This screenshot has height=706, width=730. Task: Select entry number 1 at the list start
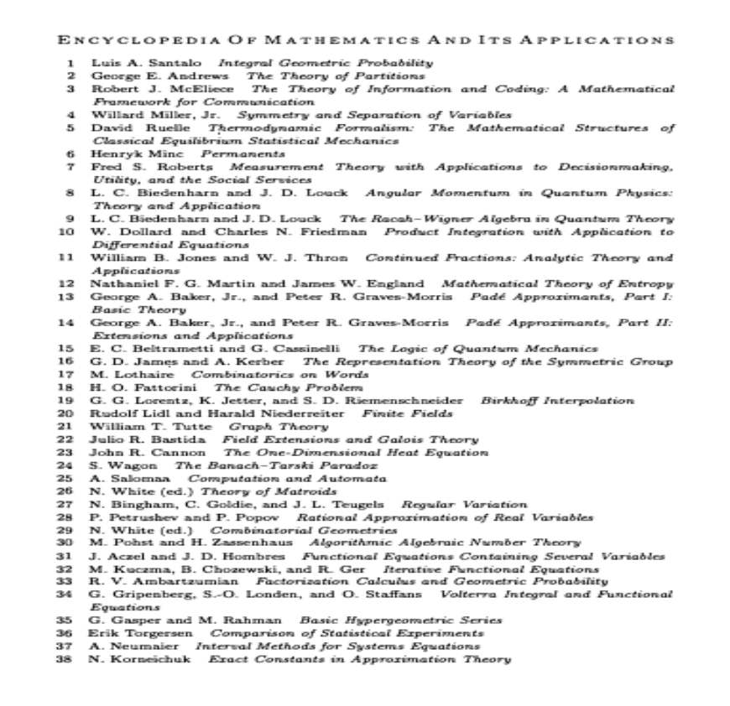click(71, 63)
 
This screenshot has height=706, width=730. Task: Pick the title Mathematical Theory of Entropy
click(556, 284)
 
